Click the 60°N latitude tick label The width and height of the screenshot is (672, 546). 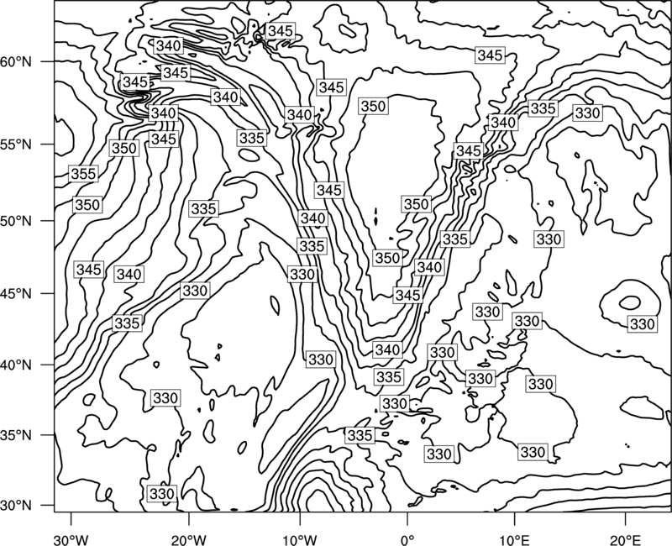point(16,62)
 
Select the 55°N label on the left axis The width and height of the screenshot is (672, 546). point(16,144)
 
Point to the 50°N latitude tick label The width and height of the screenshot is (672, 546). point(16,221)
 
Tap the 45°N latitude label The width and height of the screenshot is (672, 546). point(16,293)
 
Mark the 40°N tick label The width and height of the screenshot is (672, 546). point(16,365)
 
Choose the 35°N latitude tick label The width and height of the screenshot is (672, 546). point(16,435)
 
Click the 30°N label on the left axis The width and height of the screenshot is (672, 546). point(16,506)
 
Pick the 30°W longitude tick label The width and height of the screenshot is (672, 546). point(71,539)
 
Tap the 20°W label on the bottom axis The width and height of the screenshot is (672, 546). point(188,539)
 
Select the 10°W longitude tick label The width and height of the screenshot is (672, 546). point(300,539)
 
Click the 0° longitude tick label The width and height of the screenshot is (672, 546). point(407,539)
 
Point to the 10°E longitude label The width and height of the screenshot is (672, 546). point(514,539)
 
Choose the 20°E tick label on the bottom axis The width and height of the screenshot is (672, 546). point(625,539)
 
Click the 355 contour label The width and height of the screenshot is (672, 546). point(83,174)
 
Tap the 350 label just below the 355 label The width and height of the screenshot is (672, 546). point(87,205)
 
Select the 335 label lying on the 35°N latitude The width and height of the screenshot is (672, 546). point(360,435)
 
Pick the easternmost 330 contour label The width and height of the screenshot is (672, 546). point(642,324)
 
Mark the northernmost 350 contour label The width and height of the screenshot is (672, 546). point(373,106)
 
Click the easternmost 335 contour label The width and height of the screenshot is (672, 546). point(543,108)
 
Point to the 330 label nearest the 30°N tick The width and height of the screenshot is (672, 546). point(161,494)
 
